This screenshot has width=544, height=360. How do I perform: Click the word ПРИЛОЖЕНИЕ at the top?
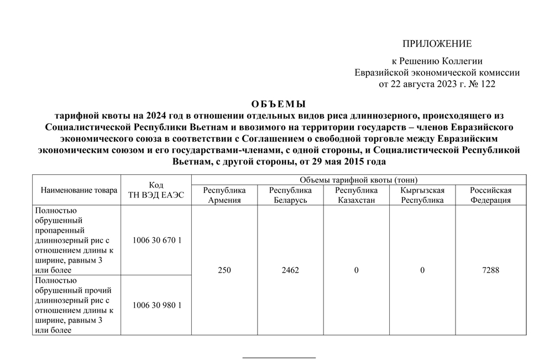coord(437,44)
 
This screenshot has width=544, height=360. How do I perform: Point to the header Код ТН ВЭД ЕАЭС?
coord(155,190)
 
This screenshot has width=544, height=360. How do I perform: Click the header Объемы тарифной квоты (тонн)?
coord(358,180)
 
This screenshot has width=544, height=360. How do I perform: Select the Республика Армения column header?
coord(224,195)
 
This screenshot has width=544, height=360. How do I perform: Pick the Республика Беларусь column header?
coord(290,195)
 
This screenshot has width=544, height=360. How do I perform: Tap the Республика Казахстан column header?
coord(357,195)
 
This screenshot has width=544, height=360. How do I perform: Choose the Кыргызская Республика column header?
coord(422,195)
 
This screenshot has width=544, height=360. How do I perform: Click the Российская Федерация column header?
coord(490,195)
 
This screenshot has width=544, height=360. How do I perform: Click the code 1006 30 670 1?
coord(158,241)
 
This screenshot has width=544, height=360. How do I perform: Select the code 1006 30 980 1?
coord(158,305)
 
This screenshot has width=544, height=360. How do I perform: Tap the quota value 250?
coord(224,270)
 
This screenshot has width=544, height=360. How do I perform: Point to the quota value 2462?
coord(290,270)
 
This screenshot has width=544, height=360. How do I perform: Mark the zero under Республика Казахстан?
coord(357,270)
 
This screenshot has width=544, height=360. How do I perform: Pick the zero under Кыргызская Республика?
coord(422,270)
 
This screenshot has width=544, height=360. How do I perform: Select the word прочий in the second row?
coord(96,290)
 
